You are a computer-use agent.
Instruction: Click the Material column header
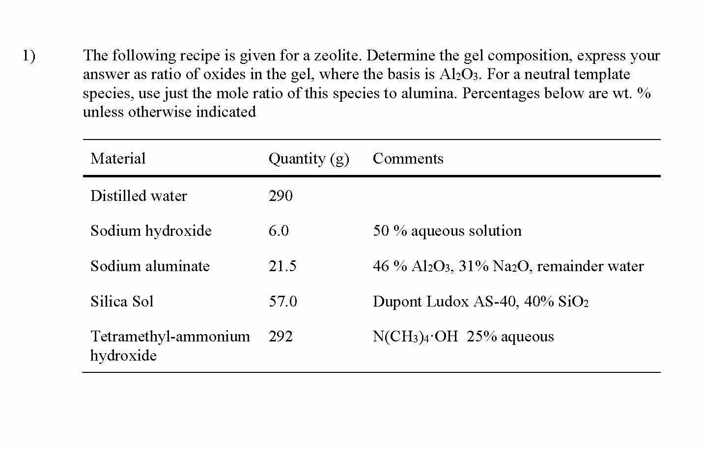tap(118, 159)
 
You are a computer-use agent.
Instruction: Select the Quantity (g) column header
tap(309, 159)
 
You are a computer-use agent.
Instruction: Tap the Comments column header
tap(408, 159)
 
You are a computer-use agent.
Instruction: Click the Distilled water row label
tap(139, 196)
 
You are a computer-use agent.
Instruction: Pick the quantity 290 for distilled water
tap(281, 196)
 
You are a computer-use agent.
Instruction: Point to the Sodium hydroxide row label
tap(151, 231)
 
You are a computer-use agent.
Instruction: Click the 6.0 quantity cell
tap(279, 231)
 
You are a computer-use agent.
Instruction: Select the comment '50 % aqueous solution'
tap(447, 231)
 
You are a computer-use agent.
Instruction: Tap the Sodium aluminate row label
tap(150, 266)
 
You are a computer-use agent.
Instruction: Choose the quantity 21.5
tap(282, 266)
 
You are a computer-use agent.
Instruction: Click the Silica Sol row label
tap(122, 301)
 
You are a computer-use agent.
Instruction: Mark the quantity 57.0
tap(282, 301)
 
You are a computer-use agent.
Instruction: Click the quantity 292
tap(281, 337)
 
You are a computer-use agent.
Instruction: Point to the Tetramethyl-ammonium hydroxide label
tap(170, 345)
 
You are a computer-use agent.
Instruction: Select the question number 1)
tap(28, 56)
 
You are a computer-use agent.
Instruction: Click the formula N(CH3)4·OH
tap(415, 337)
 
